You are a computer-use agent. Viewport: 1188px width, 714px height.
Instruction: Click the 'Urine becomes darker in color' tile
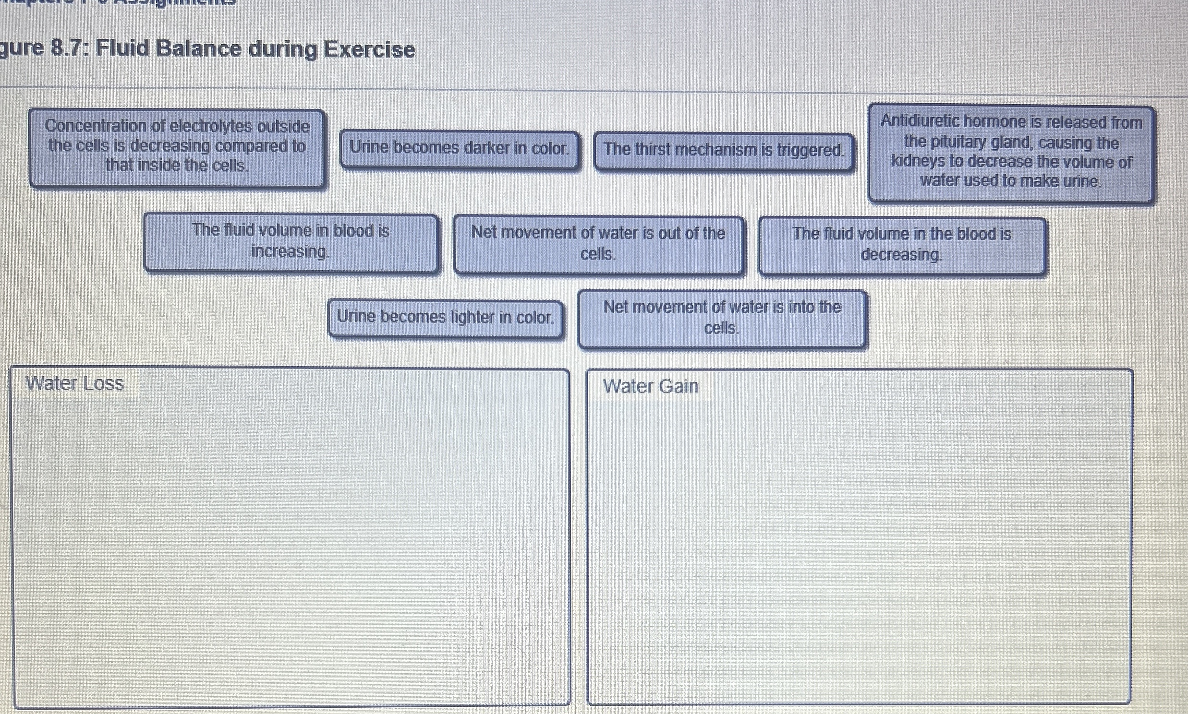[x=459, y=148]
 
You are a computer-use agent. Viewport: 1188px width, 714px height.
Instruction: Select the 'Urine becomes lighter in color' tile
[x=445, y=318]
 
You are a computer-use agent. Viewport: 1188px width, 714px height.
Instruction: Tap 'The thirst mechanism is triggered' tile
[x=724, y=150]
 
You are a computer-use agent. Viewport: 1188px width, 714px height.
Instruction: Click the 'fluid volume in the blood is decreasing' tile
[x=902, y=244]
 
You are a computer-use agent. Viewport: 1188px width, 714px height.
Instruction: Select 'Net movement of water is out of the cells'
[x=598, y=243]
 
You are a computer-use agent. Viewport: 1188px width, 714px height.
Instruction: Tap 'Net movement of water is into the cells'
[x=722, y=318]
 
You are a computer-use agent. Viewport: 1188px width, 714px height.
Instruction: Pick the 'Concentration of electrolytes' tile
[x=177, y=146]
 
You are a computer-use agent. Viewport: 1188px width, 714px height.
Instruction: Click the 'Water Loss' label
[x=75, y=384]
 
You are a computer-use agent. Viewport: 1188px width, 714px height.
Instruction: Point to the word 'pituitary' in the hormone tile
[x=967, y=143]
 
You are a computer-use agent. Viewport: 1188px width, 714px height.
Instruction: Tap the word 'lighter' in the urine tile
[x=479, y=318]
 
